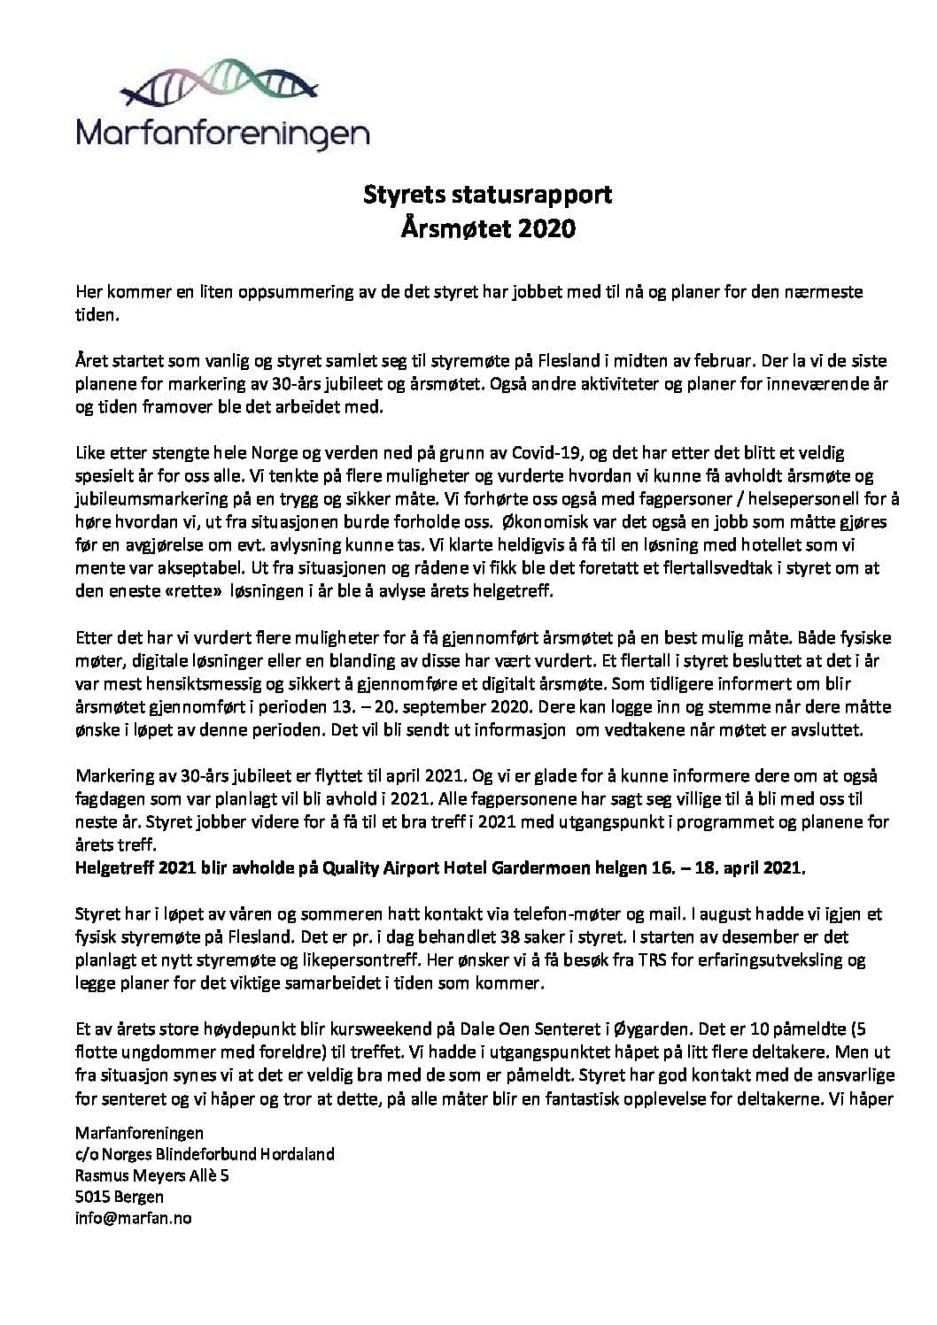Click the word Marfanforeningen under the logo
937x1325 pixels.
click(x=223, y=133)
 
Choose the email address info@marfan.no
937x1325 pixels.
click(x=135, y=1217)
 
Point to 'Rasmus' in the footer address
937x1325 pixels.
click(x=104, y=1175)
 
